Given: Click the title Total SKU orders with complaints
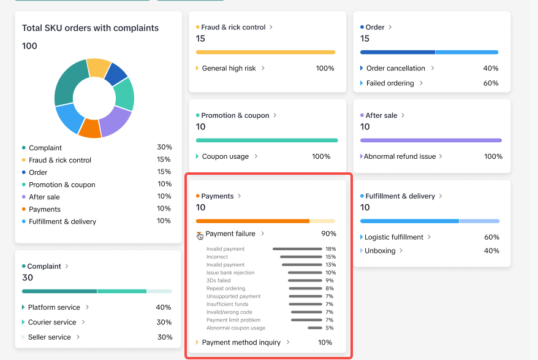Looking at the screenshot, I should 90,28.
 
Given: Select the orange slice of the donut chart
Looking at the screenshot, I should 89,128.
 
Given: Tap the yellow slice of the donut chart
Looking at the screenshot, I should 98,67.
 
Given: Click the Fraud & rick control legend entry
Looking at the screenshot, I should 60,160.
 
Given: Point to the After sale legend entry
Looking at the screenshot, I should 44,197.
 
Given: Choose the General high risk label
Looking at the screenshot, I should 229,68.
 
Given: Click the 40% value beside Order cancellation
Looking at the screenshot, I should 490,68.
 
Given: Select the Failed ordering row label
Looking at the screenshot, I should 390,83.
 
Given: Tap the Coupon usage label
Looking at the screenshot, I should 225,156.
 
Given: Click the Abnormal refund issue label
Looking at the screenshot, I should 400,156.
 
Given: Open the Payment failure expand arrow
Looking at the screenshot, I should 199,234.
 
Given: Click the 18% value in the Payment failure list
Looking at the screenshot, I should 330,249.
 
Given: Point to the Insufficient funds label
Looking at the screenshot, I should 227,304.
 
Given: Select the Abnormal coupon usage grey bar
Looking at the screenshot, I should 315,328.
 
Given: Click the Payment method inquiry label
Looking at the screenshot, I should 241,342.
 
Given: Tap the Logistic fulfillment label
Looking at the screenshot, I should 394,237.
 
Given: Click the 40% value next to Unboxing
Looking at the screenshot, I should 492,251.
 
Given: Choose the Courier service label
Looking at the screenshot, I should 52,322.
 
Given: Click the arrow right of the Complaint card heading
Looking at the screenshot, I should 67,266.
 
